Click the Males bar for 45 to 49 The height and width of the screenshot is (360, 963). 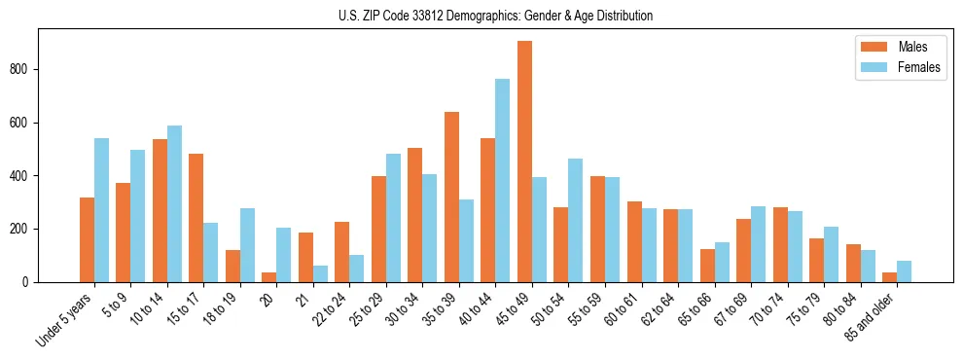click(524, 162)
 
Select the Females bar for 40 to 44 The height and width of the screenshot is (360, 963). click(503, 181)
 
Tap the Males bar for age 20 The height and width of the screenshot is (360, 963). click(269, 277)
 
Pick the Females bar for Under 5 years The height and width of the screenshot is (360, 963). click(101, 210)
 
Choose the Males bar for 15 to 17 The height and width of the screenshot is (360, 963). click(196, 218)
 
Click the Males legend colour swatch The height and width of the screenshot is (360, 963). click(871, 47)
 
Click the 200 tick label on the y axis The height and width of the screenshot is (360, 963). click(25, 229)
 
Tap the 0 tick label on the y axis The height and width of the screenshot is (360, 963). click(30, 282)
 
